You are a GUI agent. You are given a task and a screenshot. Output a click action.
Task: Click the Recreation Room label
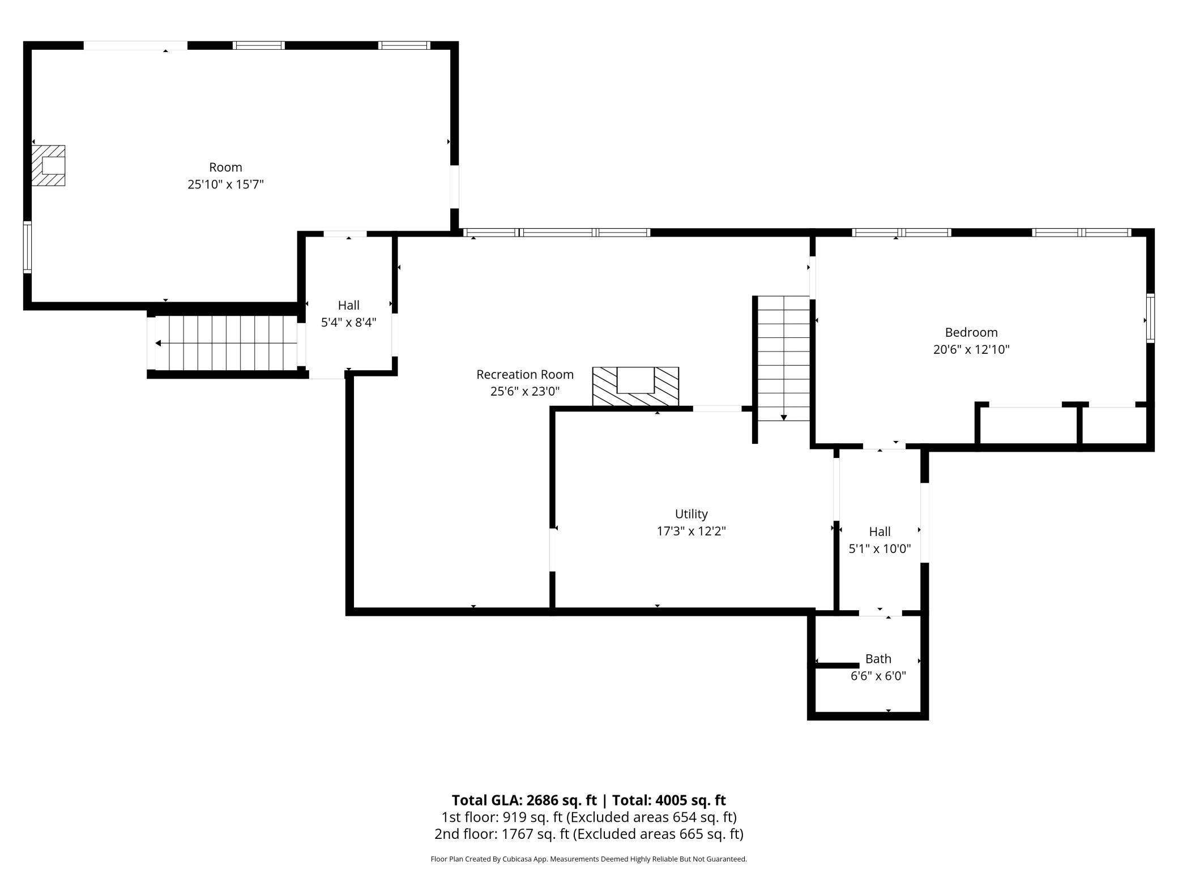coord(525,375)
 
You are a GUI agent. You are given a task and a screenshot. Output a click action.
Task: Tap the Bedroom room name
coord(971,332)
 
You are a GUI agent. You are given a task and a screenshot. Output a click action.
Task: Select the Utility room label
coord(691,514)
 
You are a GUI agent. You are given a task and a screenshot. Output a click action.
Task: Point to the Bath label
coord(878,659)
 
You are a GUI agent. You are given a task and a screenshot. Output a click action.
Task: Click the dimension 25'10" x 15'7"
coord(226,185)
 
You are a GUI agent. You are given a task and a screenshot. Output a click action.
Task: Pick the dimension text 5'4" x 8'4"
coord(349,323)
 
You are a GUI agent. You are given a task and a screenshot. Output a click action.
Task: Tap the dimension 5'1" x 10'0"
coord(880,548)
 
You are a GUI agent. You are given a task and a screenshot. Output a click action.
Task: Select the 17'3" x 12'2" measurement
coord(691,531)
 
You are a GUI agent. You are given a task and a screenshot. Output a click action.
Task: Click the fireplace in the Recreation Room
coord(635,387)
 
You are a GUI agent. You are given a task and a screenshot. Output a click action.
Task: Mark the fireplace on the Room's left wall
coord(48,165)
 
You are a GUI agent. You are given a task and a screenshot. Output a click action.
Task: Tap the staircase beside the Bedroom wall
coord(784,358)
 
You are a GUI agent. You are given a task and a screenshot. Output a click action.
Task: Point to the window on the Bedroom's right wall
coord(1150,318)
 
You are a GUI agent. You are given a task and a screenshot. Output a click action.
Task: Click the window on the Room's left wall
coord(27,247)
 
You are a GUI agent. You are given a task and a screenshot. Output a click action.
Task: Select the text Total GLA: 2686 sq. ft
coord(524,800)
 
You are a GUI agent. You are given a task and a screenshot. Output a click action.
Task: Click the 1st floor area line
coord(589,817)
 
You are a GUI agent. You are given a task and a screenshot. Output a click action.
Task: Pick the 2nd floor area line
coord(589,834)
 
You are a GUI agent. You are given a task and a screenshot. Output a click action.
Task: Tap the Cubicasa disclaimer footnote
coord(589,859)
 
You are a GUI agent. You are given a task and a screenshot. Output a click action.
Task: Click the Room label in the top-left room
coord(226,168)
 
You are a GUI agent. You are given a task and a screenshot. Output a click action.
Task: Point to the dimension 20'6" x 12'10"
coord(971,349)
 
